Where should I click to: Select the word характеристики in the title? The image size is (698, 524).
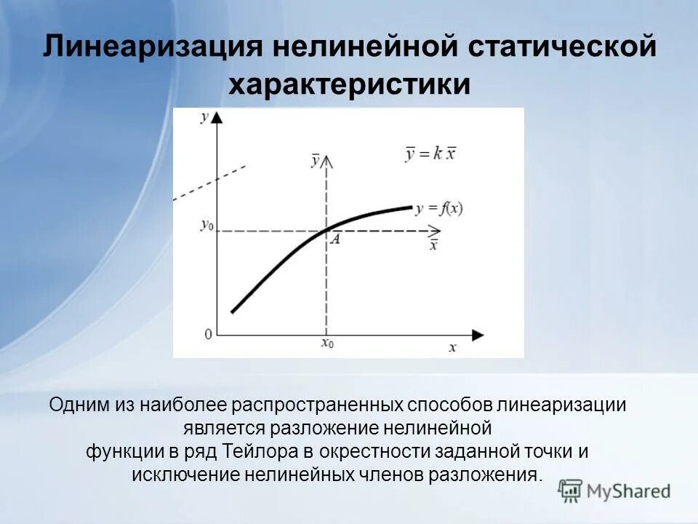pyautogui.click(x=350, y=85)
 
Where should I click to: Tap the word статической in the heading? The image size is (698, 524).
pyautogui.click(x=557, y=48)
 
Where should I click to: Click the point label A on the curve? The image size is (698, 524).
pyautogui.click(x=335, y=239)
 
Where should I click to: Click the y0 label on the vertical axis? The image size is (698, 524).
pyautogui.click(x=207, y=225)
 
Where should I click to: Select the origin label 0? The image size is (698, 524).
pyautogui.click(x=208, y=334)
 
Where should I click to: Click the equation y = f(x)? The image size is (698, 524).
pyautogui.click(x=439, y=208)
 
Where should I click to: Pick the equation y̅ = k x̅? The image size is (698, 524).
pyautogui.click(x=430, y=154)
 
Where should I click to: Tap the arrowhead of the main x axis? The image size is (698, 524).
pyautogui.click(x=477, y=335)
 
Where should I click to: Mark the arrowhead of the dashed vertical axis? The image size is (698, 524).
pyautogui.click(x=327, y=159)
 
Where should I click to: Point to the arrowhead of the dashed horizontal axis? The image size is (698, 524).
pyautogui.click(x=434, y=231)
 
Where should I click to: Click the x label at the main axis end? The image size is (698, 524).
pyautogui.click(x=452, y=348)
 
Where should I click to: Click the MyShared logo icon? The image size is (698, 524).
pyautogui.click(x=571, y=491)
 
